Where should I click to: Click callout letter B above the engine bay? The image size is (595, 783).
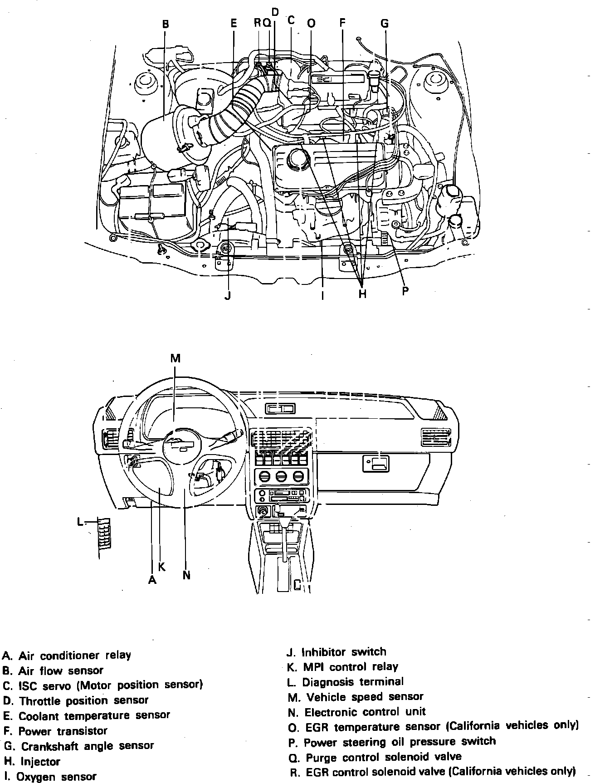tap(166, 24)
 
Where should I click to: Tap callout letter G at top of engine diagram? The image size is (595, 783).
tap(384, 24)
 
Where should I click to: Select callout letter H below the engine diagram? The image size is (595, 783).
tap(362, 294)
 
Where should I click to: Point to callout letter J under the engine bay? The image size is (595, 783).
tap(228, 296)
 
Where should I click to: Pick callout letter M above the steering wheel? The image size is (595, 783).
tap(176, 358)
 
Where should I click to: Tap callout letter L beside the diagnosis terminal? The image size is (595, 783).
tap(80, 522)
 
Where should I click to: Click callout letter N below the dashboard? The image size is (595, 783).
tap(186, 575)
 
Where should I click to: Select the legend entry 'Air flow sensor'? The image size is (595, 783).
tap(54, 670)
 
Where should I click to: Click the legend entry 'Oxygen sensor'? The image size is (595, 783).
tap(50, 776)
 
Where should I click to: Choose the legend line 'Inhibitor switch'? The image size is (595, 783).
tap(337, 652)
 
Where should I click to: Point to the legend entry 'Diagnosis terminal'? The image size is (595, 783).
tap(346, 682)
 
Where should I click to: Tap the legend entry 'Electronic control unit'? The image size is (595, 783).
tap(357, 712)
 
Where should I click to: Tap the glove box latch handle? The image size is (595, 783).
tap(376, 463)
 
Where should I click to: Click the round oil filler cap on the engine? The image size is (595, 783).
tap(297, 160)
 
